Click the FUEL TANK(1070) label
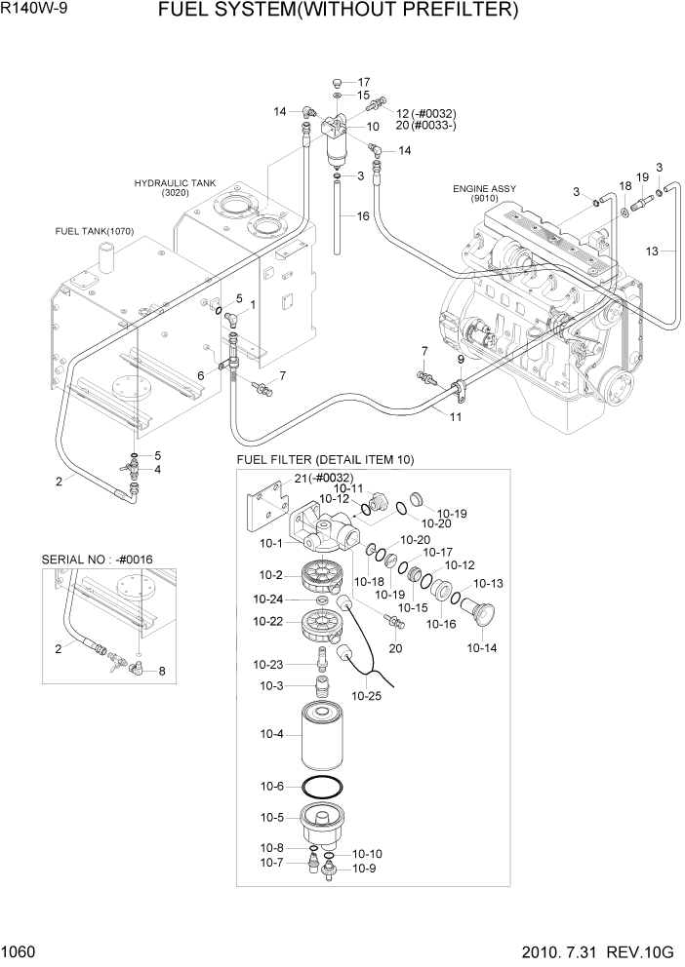click(95, 231)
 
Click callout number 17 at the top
click(364, 82)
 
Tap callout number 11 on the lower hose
click(455, 416)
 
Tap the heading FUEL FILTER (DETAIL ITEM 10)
click(325, 459)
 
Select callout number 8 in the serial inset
click(162, 671)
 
